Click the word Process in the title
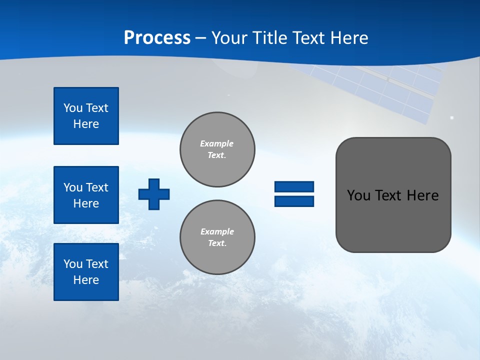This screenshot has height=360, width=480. tap(157, 38)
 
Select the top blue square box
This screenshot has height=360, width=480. tap(86, 116)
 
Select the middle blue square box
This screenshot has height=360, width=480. tap(86, 195)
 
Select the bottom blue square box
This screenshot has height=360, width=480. tap(86, 272)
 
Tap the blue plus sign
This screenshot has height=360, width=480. tap(154, 194)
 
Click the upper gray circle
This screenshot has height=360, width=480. tap(217, 149)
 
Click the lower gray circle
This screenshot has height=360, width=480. tap(217, 237)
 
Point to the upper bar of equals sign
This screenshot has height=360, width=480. tap(294, 186)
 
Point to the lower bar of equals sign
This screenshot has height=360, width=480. tap(294, 201)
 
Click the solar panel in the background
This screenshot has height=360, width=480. tap(395, 90)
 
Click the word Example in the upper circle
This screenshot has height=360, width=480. tap(216, 143)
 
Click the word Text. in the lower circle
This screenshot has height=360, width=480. tap(217, 243)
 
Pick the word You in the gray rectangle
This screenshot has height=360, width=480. tap(358, 195)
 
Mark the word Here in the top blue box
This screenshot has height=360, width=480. tap(86, 124)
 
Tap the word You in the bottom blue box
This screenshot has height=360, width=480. tap(73, 264)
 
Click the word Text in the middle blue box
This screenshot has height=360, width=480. tap(97, 187)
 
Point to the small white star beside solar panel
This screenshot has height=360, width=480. tap(451, 117)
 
